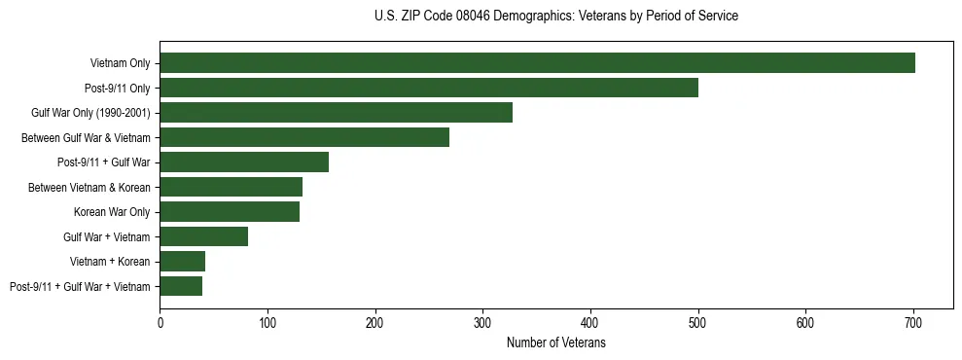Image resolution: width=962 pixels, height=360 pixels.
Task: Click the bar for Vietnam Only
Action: [537, 63]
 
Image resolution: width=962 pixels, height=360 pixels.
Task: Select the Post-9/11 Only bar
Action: [429, 88]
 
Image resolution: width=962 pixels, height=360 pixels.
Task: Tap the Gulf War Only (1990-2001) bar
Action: [336, 113]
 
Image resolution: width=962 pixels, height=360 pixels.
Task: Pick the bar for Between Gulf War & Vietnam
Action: [304, 137]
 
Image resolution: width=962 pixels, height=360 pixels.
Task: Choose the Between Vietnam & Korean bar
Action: [232, 187]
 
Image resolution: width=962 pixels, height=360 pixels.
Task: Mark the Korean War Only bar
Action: [230, 211]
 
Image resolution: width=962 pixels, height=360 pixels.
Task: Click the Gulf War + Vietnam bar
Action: [204, 236]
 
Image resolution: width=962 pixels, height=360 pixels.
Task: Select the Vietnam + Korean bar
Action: [183, 261]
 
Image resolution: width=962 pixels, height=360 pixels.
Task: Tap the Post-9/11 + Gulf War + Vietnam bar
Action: [181, 286]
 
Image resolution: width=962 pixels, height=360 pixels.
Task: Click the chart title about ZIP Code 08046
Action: [555, 17]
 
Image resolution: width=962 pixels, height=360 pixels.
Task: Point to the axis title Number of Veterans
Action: [556, 342]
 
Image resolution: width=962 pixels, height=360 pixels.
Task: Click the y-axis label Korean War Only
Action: [112, 211]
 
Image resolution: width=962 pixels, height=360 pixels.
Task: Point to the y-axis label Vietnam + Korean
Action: [110, 261]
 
